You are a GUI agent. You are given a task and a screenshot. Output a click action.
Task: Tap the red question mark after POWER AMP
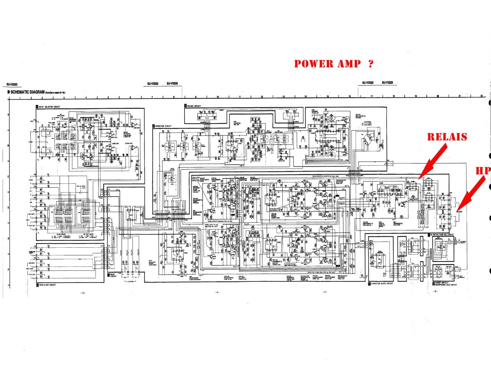tap(370, 64)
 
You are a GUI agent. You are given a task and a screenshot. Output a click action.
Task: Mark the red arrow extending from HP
tap(471, 195)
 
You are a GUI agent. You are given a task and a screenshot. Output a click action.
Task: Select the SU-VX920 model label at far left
tap(12, 85)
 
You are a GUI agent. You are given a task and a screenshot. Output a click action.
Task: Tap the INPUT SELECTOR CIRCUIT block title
tap(49, 106)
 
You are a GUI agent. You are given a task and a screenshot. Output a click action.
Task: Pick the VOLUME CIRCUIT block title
tap(194, 105)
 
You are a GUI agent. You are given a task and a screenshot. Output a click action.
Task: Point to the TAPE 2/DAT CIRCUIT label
tap(47, 285)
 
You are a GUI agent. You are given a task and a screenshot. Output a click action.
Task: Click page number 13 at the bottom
tap(82, 293)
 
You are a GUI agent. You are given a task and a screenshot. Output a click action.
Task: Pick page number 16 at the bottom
tap(435, 292)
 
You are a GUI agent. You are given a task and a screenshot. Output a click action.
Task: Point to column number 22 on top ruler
tap(481, 97)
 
